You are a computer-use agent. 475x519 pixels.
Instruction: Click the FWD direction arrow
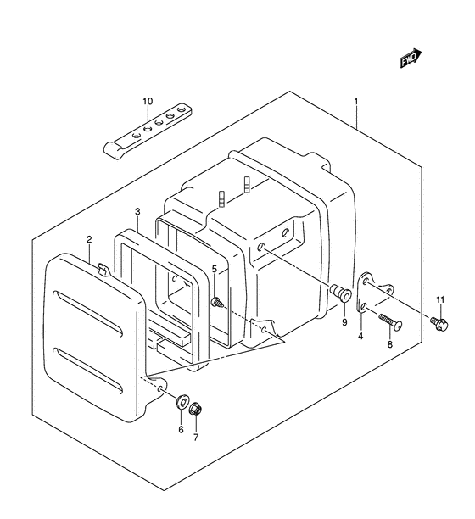(x=411, y=59)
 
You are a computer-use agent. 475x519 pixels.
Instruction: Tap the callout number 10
(x=148, y=101)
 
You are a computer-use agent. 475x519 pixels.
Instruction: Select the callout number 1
(x=356, y=101)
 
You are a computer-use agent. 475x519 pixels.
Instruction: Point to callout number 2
(x=89, y=239)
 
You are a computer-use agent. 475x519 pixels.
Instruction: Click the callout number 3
(x=137, y=211)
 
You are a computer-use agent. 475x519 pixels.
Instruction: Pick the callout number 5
(x=215, y=269)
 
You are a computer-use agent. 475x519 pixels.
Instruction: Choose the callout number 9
(x=344, y=322)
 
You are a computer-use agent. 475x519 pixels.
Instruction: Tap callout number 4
(x=360, y=337)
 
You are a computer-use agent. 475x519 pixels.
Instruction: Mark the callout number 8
(x=390, y=344)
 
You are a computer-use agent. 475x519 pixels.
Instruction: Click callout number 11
(x=440, y=300)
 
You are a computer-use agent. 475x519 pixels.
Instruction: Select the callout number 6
(x=181, y=430)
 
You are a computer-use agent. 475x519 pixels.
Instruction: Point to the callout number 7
(x=196, y=438)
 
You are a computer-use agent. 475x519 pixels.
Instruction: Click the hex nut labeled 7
(x=195, y=409)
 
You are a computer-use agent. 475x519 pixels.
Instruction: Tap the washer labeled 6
(x=182, y=401)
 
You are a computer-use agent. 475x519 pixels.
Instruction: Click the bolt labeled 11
(x=439, y=323)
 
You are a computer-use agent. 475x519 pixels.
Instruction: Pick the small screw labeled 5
(x=216, y=302)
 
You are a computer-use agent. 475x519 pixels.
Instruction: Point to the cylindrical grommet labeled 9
(x=341, y=293)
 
